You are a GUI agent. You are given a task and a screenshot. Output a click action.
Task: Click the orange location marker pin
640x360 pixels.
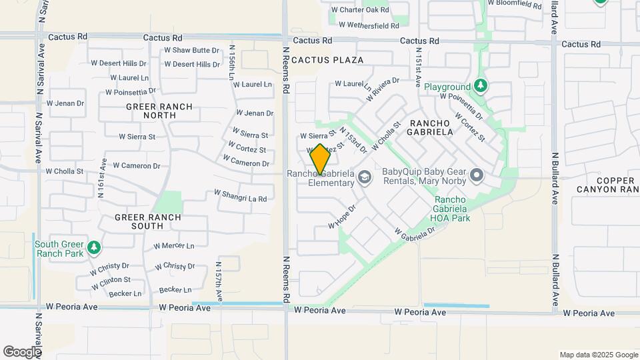[320, 159]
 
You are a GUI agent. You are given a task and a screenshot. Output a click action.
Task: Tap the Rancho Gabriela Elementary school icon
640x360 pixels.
[364, 177]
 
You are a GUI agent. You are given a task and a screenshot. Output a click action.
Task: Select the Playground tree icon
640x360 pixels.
[481, 87]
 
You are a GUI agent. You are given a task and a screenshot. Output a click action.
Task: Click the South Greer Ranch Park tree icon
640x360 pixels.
[94, 248]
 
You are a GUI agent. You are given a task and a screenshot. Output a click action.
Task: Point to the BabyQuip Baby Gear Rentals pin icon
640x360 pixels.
[476, 176]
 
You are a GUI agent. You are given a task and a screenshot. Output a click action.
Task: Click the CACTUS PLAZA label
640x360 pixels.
[328, 60]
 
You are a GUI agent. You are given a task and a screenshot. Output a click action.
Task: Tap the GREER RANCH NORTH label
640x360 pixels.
[159, 111]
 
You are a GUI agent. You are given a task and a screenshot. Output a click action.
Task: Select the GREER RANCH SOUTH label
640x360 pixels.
[148, 222]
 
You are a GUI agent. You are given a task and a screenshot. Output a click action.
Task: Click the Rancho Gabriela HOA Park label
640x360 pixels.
[453, 209]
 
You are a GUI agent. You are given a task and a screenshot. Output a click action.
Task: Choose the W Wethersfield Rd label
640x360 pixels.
[369, 25]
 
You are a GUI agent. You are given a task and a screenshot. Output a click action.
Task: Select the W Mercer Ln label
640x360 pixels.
[174, 246]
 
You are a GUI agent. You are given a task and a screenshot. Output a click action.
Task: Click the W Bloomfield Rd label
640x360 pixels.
[515, 4]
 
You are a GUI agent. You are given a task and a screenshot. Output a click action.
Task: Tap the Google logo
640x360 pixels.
[22, 351]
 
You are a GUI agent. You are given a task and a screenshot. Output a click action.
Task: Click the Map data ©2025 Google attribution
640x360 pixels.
[599, 355]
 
